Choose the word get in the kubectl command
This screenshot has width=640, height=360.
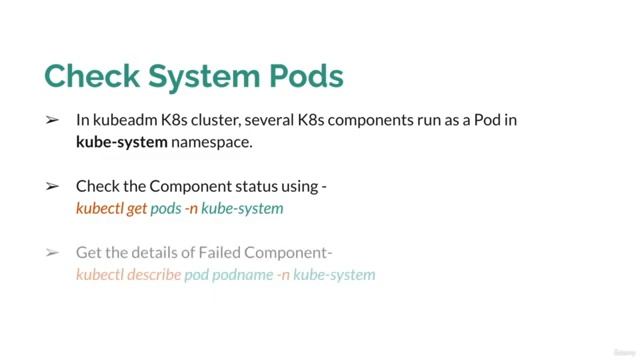tap(137, 209)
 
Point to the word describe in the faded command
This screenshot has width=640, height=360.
tap(150, 274)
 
